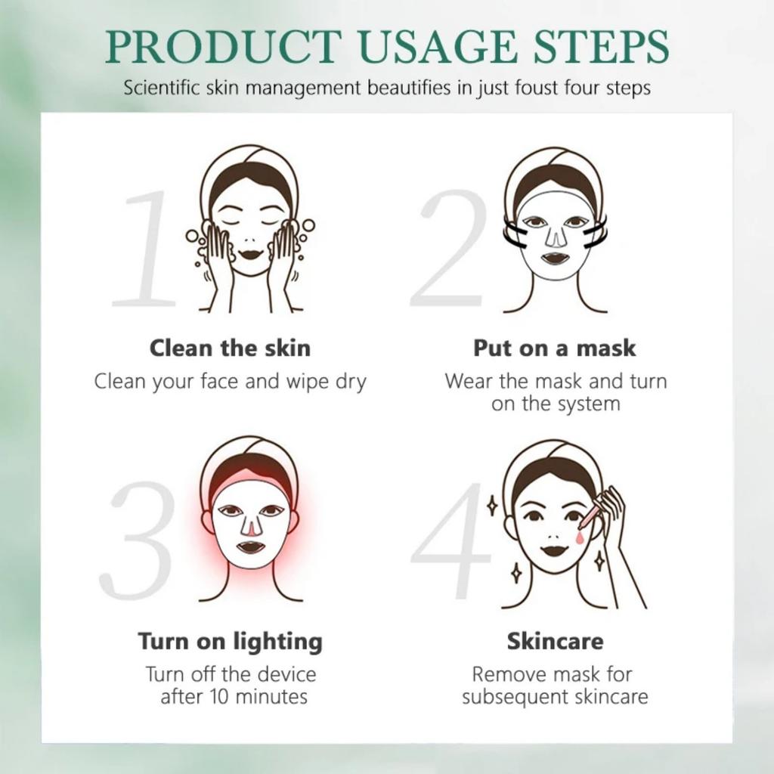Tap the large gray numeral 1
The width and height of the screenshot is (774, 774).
144,249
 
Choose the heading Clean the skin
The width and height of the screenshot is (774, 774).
230,348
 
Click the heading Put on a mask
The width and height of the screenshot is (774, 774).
555,348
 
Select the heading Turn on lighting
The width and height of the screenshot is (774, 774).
230,642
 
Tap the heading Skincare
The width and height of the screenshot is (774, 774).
555,642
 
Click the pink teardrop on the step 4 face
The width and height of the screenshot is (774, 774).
578,536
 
